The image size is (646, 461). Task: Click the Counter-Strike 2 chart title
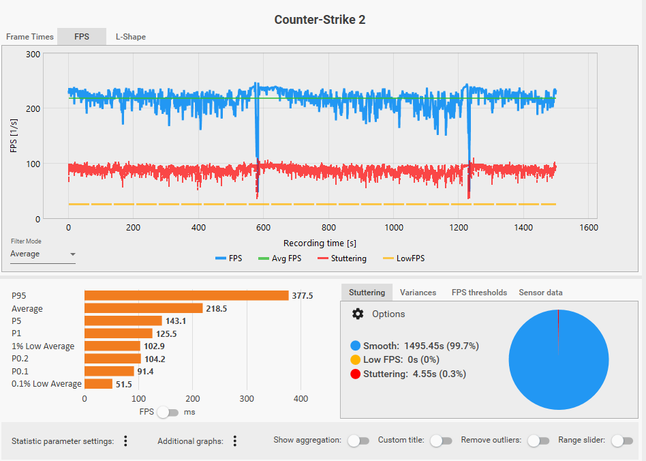tap(320, 20)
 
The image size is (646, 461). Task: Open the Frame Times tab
tap(29, 37)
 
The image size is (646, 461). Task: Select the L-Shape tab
tap(130, 37)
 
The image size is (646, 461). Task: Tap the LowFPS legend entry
tap(405, 258)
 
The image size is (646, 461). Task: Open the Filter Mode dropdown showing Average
tap(43, 254)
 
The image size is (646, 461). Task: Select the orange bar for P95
tap(186, 295)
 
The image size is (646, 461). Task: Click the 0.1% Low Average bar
tap(98, 384)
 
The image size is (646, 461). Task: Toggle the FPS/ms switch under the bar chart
tap(167, 412)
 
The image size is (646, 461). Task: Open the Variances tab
tap(418, 293)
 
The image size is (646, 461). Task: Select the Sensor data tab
tap(540, 293)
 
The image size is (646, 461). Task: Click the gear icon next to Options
tap(358, 314)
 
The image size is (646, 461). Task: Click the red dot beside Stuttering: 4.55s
tap(355, 374)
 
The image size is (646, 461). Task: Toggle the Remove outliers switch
tap(538, 441)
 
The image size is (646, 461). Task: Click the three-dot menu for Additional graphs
tap(234, 441)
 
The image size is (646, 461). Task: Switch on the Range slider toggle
tap(621, 441)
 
